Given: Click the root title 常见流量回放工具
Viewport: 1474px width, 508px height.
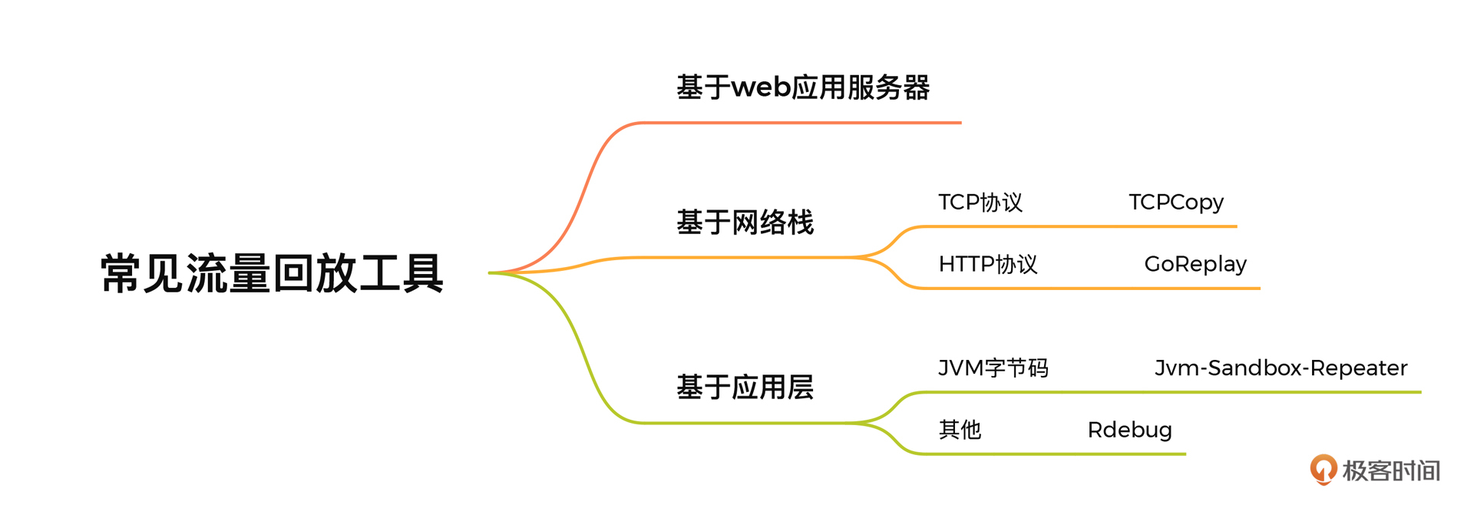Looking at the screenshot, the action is tap(273, 273).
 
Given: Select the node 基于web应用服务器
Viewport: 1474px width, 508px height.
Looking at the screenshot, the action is tap(803, 87).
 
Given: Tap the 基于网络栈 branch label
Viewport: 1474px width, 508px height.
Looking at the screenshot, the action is tap(745, 223).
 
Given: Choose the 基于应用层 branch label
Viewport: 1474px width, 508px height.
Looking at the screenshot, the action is tap(745, 388).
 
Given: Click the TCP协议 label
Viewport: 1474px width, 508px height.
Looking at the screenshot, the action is tap(980, 202).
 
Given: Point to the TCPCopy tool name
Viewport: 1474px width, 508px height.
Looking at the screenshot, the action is tap(1176, 202).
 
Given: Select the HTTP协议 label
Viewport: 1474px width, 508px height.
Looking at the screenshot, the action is tap(988, 264).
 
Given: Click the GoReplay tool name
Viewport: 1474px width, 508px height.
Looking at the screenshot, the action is tap(1195, 264).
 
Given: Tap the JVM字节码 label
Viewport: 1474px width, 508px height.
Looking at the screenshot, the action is tap(993, 368).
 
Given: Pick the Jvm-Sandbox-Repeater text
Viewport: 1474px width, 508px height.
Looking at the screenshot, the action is tap(1281, 368).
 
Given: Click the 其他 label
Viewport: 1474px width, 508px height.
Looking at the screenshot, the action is tap(960, 430).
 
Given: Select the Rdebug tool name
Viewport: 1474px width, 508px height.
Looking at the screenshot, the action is tap(1130, 430).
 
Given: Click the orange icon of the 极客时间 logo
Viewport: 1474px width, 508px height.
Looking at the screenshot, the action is tap(1324, 470).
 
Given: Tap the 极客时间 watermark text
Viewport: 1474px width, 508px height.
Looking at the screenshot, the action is tap(1391, 470).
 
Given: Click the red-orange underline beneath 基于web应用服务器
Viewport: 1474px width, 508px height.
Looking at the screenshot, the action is tap(801, 123).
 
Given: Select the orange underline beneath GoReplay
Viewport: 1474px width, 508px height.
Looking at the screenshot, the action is tap(1090, 289).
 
